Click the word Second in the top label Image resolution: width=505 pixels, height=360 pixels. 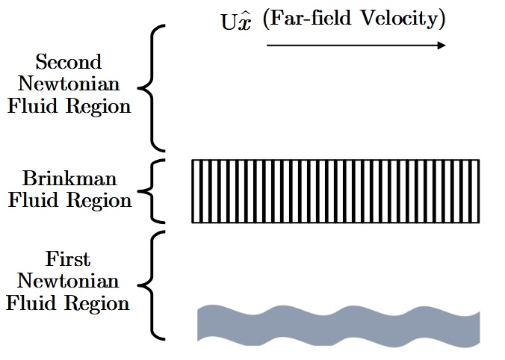69,61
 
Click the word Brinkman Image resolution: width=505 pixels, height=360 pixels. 69,178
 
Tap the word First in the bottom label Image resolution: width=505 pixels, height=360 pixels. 68,258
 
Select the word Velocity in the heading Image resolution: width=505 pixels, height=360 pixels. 403,19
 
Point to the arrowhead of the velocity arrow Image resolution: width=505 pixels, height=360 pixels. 442,46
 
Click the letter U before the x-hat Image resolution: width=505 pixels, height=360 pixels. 229,22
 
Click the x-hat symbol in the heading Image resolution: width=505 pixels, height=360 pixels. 244,22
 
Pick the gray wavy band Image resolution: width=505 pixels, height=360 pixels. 338,326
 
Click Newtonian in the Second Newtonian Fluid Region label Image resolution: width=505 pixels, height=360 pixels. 69,84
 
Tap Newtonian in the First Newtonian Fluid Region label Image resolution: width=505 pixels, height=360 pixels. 68,281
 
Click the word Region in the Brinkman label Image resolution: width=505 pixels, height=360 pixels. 99,201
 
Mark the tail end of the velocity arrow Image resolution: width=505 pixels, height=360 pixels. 267,46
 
